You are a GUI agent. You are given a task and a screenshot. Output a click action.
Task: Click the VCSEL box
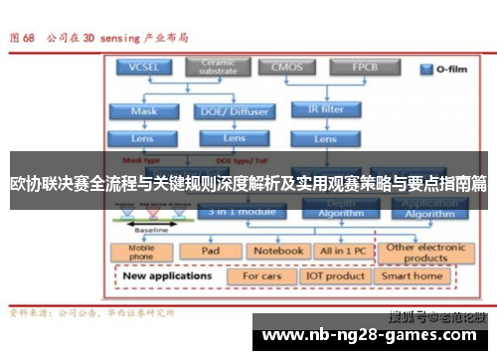tap(144, 68)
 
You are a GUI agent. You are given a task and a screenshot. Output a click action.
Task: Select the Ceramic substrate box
tap(219, 68)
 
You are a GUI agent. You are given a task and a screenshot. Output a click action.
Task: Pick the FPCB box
tap(362, 68)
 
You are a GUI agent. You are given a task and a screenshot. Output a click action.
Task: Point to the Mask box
tap(144, 111)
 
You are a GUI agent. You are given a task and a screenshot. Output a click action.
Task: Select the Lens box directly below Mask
tap(144, 138)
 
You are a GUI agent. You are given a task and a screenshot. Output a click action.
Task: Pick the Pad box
tap(211, 251)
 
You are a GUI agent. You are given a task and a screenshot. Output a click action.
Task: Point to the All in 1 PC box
tap(341, 251)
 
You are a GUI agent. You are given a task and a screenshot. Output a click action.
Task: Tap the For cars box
tap(263, 275)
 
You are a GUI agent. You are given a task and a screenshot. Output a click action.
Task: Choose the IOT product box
tap(335, 275)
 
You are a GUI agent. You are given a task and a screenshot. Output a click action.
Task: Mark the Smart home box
tap(413, 275)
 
